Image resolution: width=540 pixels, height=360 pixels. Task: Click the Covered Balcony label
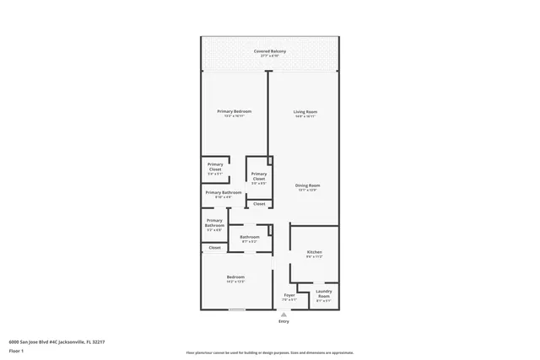(x=270, y=52)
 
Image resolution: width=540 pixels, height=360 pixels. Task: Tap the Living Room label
(x=305, y=112)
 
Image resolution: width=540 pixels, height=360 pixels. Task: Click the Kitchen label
(x=314, y=252)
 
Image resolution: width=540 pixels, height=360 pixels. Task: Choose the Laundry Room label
(x=323, y=294)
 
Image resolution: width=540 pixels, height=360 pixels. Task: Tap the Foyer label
(x=289, y=295)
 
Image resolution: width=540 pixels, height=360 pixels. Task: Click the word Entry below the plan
(x=283, y=321)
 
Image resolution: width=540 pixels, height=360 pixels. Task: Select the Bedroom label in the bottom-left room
(x=235, y=277)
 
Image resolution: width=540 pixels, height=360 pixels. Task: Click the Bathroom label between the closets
(x=249, y=238)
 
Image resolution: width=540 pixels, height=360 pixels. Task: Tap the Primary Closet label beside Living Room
(x=258, y=176)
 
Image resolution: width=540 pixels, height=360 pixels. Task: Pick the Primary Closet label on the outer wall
(x=215, y=167)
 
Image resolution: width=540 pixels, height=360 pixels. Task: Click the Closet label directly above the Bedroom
(x=214, y=248)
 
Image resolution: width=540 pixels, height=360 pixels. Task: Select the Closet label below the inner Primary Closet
(x=259, y=204)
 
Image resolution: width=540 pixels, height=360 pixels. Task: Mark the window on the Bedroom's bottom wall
(x=237, y=310)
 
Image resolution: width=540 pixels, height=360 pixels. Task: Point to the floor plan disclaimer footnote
(x=270, y=352)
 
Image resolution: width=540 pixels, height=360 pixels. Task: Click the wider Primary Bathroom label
(x=223, y=193)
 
